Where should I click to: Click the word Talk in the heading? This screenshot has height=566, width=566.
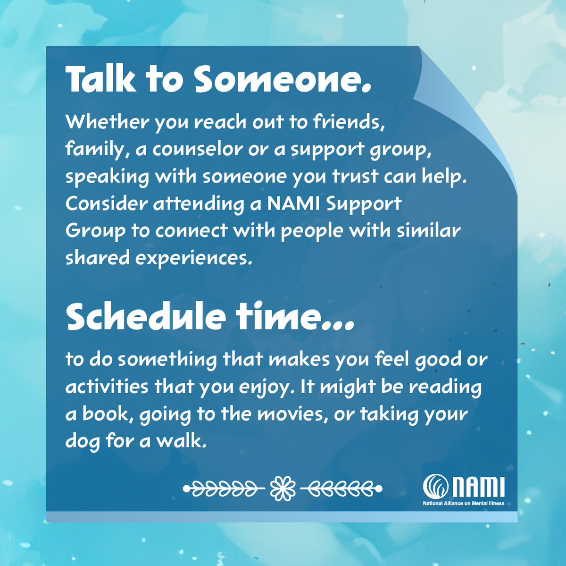pyautogui.click(x=100, y=79)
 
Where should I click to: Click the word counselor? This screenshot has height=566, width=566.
pyautogui.click(x=194, y=150)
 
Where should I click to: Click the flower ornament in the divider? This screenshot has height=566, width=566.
pyautogui.click(x=283, y=487)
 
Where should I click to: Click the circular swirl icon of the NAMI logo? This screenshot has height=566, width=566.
pyautogui.click(x=434, y=487)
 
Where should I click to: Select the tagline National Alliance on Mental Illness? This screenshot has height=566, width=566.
pyautogui.click(x=463, y=503)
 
